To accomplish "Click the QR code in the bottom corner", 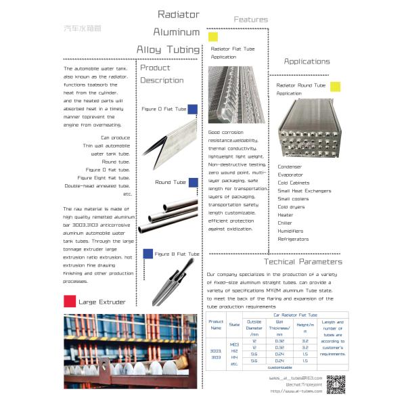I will pyautogui.click(x=336, y=384).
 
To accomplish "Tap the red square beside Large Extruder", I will pyautogui.click(x=68, y=301).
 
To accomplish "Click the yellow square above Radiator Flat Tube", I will pyautogui.click(x=213, y=37).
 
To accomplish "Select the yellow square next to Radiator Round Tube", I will pyautogui.click(x=336, y=86).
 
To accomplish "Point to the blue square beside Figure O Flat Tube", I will pyautogui.click(x=192, y=108).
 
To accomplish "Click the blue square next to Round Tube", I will pyautogui.click(x=192, y=182).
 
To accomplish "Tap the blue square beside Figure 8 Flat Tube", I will pyautogui.click(x=148, y=254).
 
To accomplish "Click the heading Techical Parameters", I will pyautogui.click(x=303, y=262).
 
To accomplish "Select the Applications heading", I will pyautogui.click(x=307, y=62).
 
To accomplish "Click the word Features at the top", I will pyautogui.click(x=250, y=20).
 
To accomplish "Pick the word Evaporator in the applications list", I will pyautogui.click(x=292, y=175).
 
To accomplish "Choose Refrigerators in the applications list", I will pyautogui.click(x=293, y=239).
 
